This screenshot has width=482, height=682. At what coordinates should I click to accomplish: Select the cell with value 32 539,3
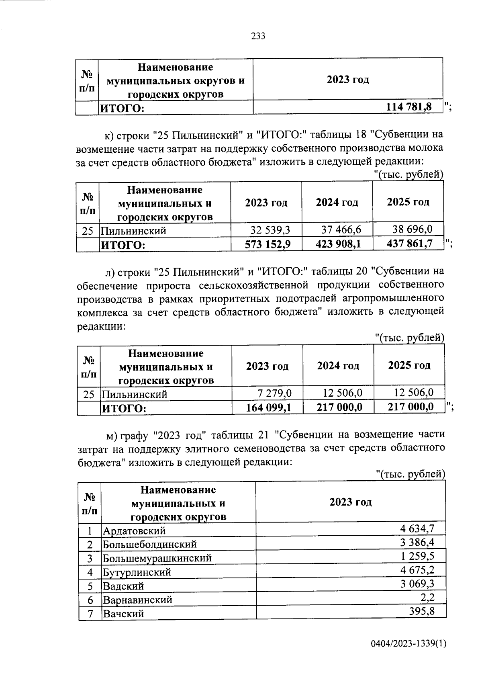(270, 230)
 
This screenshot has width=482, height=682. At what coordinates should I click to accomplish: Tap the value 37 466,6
(341, 229)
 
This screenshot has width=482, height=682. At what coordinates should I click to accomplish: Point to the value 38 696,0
(412, 229)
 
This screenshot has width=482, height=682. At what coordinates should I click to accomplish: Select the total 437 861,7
(409, 244)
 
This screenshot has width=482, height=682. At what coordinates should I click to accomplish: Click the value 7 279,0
(274, 393)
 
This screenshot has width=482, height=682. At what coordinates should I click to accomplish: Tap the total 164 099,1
(268, 408)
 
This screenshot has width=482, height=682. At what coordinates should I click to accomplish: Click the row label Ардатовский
(134, 530)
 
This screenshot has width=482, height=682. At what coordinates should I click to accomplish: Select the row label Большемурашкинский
(157, 558)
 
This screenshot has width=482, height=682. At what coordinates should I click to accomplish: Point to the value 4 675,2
(417, 570)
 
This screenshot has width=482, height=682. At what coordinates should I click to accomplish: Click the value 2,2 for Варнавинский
(427, 598)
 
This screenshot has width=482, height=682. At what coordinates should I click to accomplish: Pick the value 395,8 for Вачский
(421, 611)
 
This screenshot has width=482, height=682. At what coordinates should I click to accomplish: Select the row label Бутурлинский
(137, 572)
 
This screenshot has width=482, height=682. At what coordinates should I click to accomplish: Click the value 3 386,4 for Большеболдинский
(417, 543)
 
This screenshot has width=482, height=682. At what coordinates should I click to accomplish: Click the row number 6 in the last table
(90, 600)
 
